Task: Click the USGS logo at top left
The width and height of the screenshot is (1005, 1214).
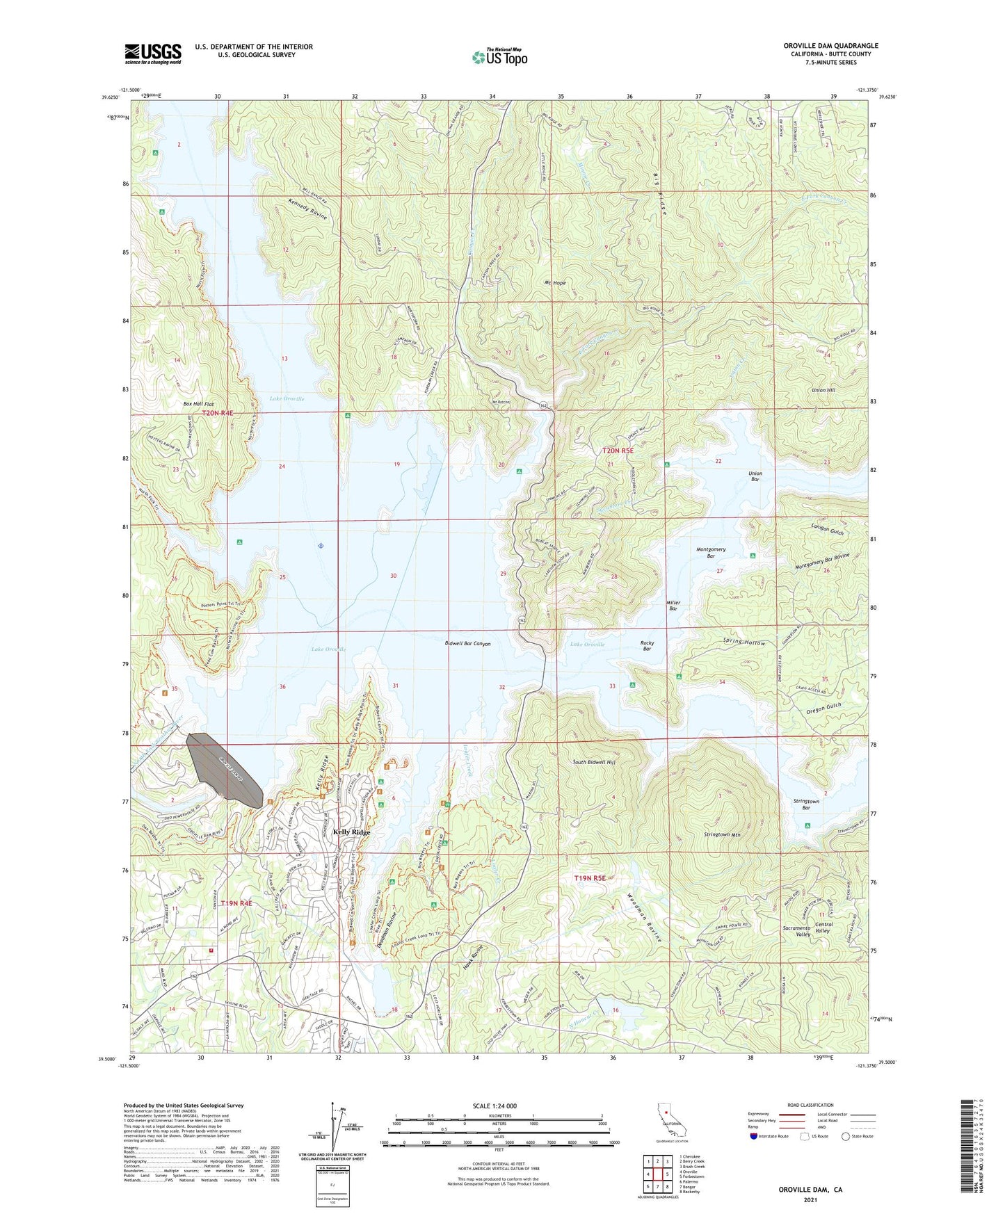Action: click(x=152, y=54)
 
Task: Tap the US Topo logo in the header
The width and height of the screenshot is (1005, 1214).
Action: click(x=499, y=57)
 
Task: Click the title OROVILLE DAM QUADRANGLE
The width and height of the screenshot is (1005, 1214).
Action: click(x=830, y=46)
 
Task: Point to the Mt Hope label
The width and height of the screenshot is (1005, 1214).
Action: click(x=554, y=284)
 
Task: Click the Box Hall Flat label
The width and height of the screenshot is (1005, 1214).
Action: click(x=198, y=404)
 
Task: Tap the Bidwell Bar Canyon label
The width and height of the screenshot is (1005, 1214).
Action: click(x=467, y=644)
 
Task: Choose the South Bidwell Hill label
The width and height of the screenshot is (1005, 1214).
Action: click(x=593, y=763)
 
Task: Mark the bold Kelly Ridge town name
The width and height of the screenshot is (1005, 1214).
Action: click(x=351, y=832)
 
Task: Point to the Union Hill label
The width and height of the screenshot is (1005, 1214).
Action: click(x=823, y=390)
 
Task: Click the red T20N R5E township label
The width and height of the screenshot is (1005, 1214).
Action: click(x=618, y=451)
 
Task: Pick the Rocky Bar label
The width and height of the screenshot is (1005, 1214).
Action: click(x=647, y=646)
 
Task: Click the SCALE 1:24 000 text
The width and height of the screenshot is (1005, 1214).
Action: click(x=495, y=1106)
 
